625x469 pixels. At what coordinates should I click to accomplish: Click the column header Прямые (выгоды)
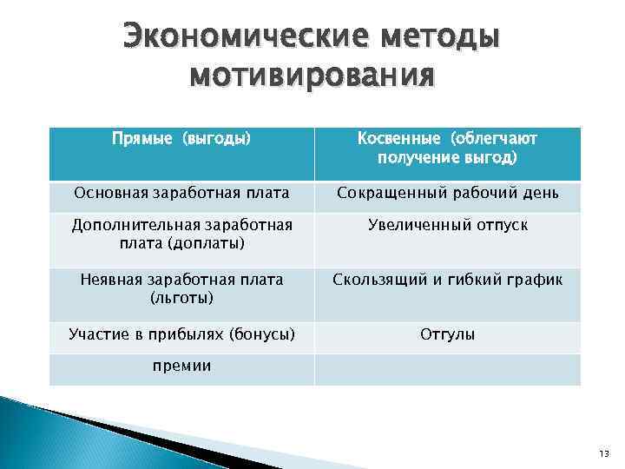tap(181, 138)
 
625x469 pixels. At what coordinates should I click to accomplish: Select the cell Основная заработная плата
tap(181, 193)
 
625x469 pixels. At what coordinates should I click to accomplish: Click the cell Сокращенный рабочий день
tap(447, 193)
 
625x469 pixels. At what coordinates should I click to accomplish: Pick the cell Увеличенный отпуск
tap(447, 225)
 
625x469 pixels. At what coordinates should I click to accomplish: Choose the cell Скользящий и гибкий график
tap(447, 280)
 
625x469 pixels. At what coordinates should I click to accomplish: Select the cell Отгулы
tap(447, 334)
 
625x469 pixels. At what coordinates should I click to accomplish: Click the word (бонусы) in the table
tap(260, 334)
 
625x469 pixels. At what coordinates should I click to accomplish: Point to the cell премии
tap(181, 367)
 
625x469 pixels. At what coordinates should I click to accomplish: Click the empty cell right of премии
tap(447, 367)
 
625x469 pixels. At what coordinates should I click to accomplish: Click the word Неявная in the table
tap(110, 280)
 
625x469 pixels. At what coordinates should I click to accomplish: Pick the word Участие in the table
tap(96, 334)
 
